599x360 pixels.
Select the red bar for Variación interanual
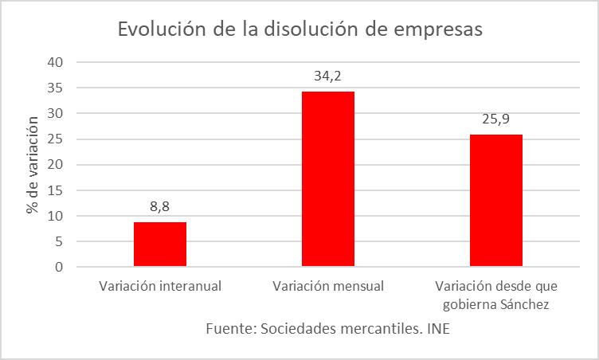(160, 245)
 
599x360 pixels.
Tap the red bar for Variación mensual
(328, 179)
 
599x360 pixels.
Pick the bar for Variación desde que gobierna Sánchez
(495, 201)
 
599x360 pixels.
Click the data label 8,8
(160, 207)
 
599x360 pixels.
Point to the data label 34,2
(328, 76)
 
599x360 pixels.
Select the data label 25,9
(495, 119)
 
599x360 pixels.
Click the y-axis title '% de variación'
(33, 165)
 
